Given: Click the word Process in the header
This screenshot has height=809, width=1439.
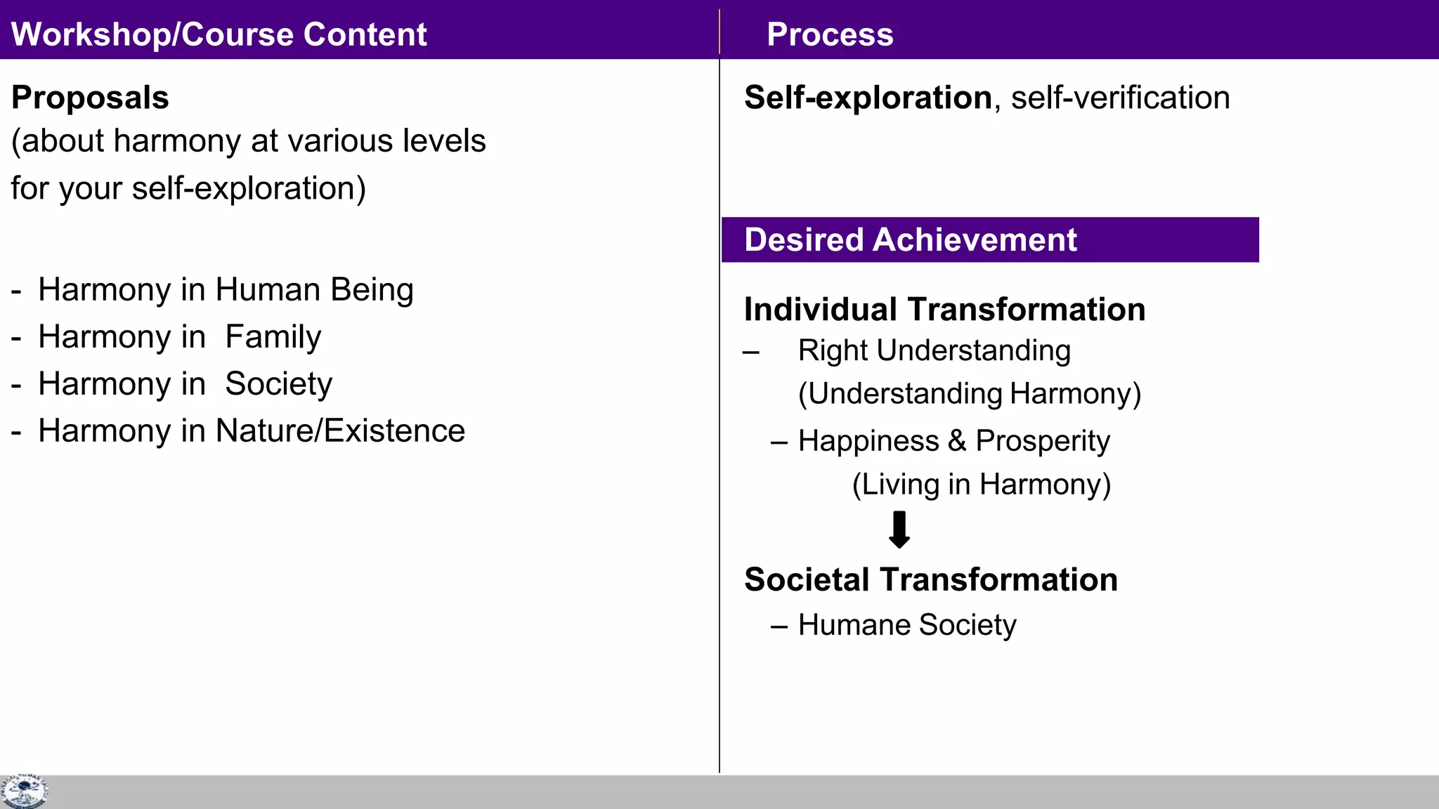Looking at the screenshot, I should click(830, 34).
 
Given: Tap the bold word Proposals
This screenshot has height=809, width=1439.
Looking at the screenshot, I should click(90, 97).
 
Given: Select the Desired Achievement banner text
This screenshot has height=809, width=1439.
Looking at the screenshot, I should click(910, 239).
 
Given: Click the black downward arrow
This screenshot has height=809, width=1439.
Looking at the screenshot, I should click(899, 530).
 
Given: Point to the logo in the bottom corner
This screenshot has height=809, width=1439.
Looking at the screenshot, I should click(24, 791).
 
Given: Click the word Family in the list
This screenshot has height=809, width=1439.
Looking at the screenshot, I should click(273, 337).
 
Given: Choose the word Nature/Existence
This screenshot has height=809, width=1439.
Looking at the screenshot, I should click(340, 430).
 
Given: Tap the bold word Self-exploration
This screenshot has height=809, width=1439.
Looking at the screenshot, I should click(868, 97).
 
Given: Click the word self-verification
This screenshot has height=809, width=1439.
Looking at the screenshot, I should click(1120, 98).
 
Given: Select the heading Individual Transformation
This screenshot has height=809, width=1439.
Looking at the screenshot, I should click(944, 309).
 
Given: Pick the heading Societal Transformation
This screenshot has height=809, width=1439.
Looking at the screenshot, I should click(930, 579).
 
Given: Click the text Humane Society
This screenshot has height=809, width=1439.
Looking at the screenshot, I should click(907, 624).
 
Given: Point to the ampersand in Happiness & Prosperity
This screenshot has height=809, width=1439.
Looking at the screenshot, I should click(957, 441).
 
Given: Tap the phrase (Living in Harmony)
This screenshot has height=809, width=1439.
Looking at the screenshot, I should click(981, 485).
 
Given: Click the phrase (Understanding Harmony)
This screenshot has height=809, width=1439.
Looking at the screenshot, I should click(969, 393).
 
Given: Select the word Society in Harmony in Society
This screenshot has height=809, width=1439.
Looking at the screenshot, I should click(278, 384).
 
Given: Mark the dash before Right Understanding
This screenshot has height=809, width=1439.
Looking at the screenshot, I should click(751, 352).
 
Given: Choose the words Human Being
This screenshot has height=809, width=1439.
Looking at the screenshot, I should click(314, 289).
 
